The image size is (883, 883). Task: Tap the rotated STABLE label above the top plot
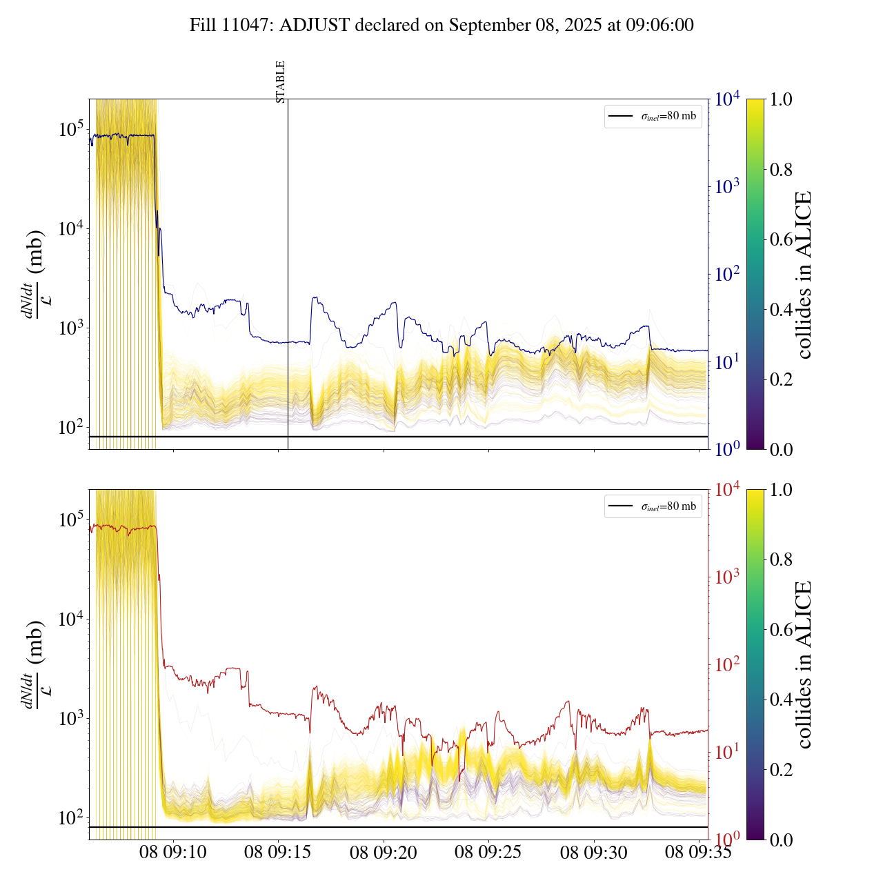[280, 82]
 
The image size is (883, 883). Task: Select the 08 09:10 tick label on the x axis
[173, 853]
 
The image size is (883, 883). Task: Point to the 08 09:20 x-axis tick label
[384, 853]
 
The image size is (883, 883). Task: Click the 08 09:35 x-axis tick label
[698, 853]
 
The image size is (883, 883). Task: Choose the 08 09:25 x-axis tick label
[488, 853]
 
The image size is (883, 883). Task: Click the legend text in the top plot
[668, 116]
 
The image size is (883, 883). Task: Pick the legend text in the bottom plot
[668, 506]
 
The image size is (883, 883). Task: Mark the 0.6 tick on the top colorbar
[782, 239]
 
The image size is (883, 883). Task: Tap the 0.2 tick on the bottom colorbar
[782, 769]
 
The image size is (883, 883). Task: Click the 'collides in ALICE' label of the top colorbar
[804, 275]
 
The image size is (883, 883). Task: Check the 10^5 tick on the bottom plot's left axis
[72, 519]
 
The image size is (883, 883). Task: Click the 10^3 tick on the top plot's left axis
[72, 328]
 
